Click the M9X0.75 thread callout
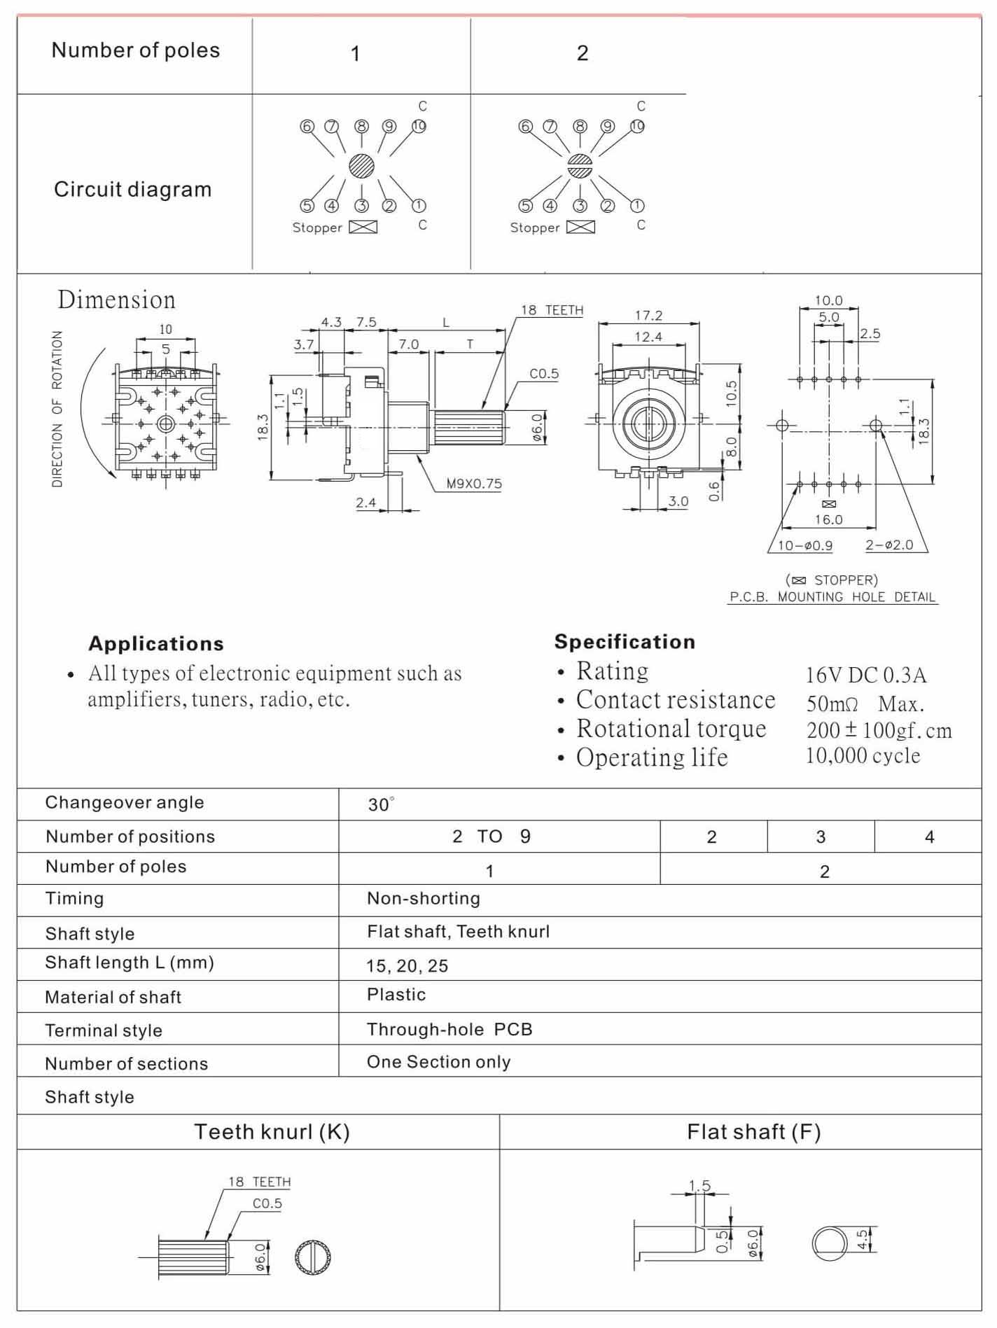474,483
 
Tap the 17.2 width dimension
648,315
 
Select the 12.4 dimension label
648,337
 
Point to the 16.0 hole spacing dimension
828,519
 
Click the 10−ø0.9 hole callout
805,545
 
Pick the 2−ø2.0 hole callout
889,545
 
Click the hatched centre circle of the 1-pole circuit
361,167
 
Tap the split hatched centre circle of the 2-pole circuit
580,167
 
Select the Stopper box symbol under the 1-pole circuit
363,227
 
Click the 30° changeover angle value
381,804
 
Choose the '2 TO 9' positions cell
491,837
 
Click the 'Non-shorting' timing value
424,898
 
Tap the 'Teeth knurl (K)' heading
272,1131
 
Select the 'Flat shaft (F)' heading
753,1131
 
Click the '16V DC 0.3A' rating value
866,675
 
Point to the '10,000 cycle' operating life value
863,755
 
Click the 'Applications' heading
156,643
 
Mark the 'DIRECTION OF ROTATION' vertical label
57,409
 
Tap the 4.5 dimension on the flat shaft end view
863,1240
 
